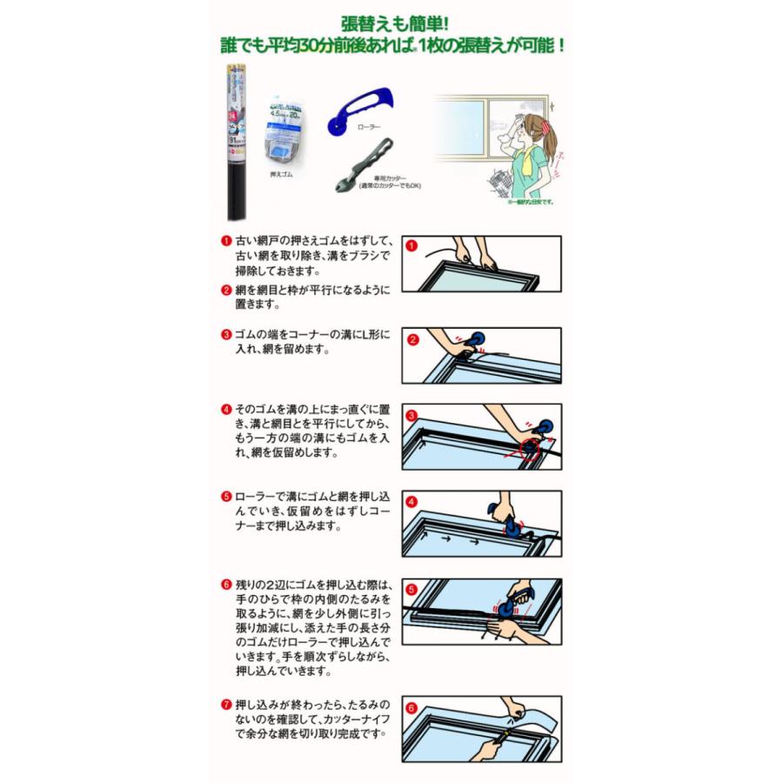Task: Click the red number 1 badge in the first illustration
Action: point(413,246)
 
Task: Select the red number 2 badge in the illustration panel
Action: point(413,339)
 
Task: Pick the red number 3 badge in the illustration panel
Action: point(413,416)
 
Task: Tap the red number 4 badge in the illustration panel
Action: point(413,502)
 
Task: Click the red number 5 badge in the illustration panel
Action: point(413,589)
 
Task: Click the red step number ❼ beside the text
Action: point(226,702)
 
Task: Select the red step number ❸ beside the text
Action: point(226,334)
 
